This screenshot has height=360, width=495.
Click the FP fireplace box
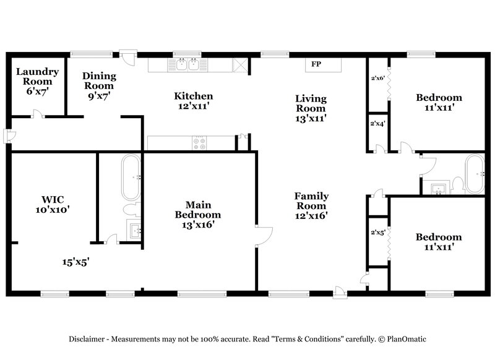pos(316,64)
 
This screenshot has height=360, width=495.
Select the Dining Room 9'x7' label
pos(100,86)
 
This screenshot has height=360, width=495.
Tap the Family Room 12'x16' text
pos(311,205)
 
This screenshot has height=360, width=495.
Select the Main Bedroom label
pos(197,214)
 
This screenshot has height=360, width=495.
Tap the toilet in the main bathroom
pos(132,208)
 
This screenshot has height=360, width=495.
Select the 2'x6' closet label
pos(377,79)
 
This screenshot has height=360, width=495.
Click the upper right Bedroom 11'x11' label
pos(438,102)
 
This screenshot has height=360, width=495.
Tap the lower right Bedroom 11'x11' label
pos(438,241)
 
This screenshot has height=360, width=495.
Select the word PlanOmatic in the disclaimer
pos(407,339)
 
